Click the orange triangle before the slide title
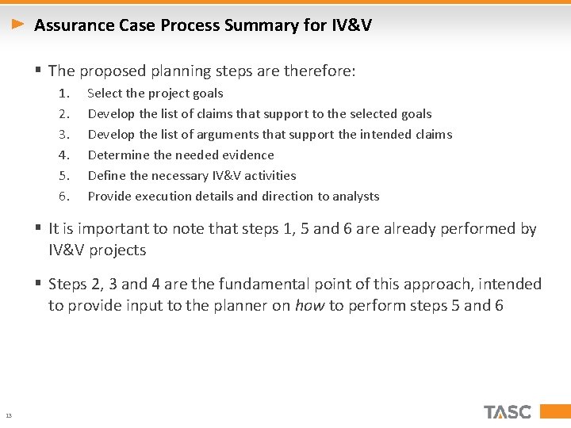[19, 25]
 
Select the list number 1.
[63, 94]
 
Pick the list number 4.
[63, 155]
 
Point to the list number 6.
[63, 197]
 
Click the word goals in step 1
[208, 94]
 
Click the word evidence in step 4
[248, 155]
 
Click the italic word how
[308, 306]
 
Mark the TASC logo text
[508, 412]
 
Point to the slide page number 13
[8, 415]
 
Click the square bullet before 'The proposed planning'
[38, 71]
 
